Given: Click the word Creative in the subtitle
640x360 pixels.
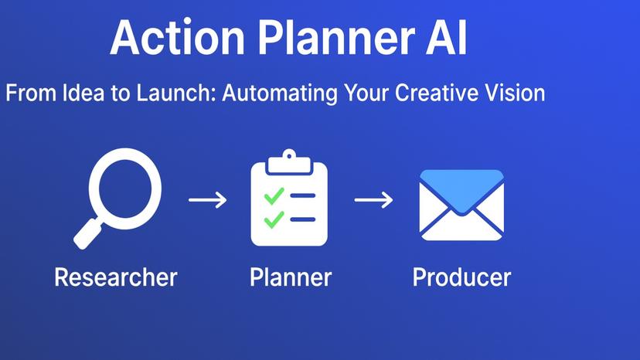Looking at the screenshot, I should tap(440, 93).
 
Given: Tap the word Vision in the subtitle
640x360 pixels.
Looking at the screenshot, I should tap(517, 93).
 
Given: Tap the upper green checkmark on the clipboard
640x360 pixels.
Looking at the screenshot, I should tap(274, 196).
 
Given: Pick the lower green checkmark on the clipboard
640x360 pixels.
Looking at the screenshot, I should tap(274, 220).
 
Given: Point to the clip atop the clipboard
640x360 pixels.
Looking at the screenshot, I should tap(289, 158).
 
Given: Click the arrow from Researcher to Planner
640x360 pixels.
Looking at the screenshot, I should tap(208, 200).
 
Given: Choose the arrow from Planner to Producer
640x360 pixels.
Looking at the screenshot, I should tap(373, 200).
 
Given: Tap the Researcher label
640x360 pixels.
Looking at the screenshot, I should tap(116, 277).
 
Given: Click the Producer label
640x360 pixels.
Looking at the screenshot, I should tap(461, 277).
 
